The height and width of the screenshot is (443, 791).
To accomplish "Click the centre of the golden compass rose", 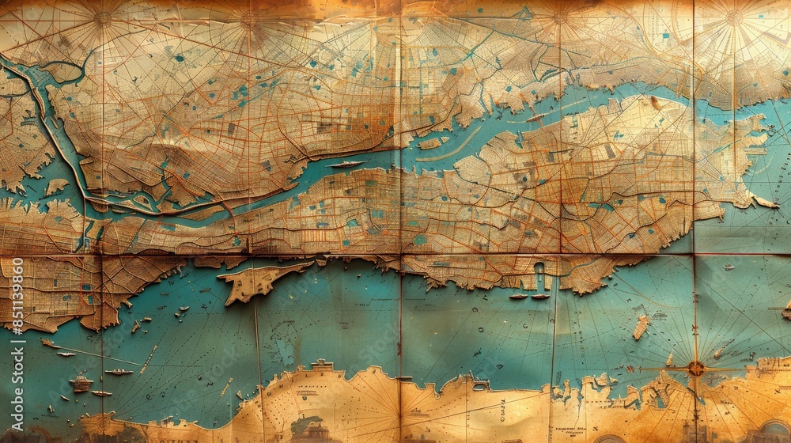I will [695, 368].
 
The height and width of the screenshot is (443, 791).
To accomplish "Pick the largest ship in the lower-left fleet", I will [81, 384].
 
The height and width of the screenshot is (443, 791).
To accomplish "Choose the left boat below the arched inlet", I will [519, 297].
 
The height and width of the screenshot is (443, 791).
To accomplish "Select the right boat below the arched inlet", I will [540, 297].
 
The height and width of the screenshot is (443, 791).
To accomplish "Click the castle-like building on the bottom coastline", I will [321, 366].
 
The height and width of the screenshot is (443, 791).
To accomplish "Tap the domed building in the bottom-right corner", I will [771, 432].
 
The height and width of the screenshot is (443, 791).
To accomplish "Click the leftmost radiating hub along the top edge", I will [103, 16].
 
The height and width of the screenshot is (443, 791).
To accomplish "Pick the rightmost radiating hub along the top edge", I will [734, 16].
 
